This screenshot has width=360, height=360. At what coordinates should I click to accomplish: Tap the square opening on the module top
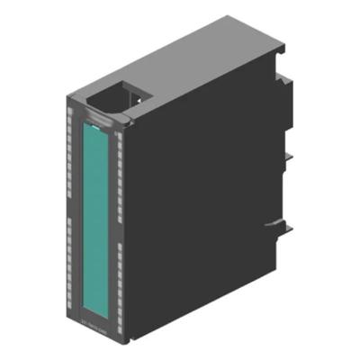pos(109,96)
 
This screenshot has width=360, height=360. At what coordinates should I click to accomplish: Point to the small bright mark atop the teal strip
pos(93,117)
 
